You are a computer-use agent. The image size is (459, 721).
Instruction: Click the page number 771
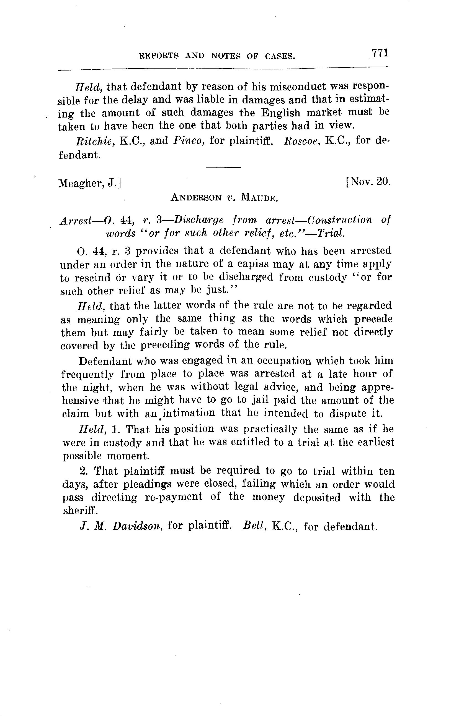(x=380, y=53)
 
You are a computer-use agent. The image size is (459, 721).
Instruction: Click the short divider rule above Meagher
(x=224, y=167)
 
